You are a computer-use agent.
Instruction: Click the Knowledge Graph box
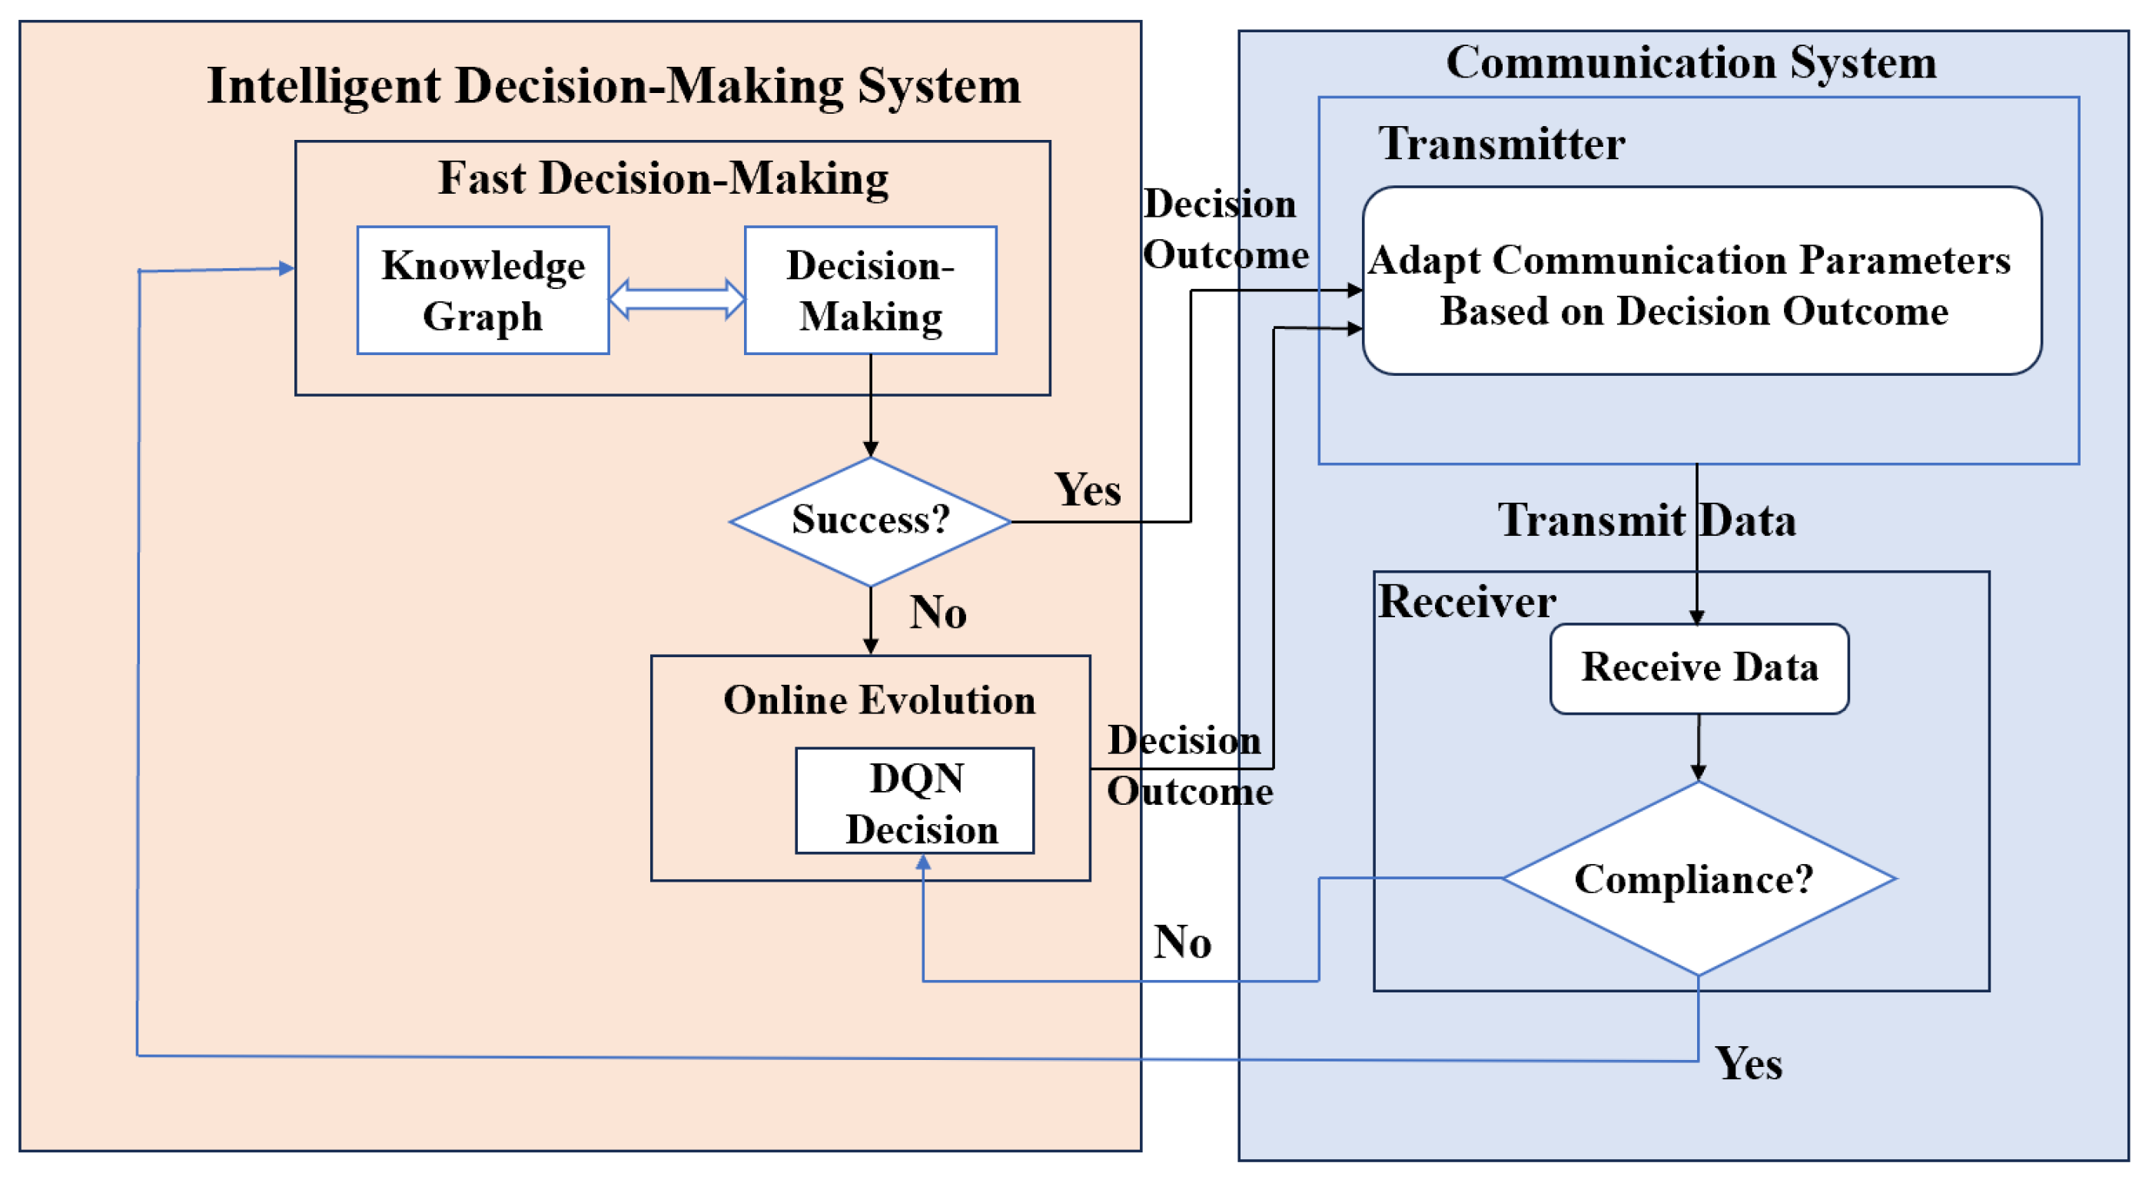pyautogui.click(x=483, y=291)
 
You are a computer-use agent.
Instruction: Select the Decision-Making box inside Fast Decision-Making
pyautogui.click(x=870, y=291)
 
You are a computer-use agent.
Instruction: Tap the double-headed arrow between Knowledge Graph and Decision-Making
pyautogui.click(x=676, y=299)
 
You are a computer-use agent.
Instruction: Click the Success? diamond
pyautogui.click(x=870, y=521)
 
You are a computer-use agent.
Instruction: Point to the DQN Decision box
pyautogui.click(x=915, y=801)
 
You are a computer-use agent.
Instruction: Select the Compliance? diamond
pyautogui.click(x=1698, y=879)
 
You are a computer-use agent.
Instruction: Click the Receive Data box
pyautogui.click(x=1699, y=668)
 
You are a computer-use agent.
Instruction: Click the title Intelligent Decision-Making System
pyautogui.click(x=614, y=86)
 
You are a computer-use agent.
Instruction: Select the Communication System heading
pyautogui.click(x=1691, y=62)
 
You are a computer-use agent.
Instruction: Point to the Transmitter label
pyautogui.click(x=1501, y=144)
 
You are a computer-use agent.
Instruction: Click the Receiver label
pyautogui.click(x=1466, y=602)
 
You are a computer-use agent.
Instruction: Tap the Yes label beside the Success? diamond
pyautogui.click(x=1087, y=490)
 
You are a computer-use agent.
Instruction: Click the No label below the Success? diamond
pyautogui.click(x=938, y=613)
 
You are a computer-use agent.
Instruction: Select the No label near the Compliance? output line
pyautogui.click(x=1182, y=942)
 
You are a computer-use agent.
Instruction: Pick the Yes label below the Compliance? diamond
pyautogui.click(x=1749, y=1064)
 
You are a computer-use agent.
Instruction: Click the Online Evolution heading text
pyautogui.click(x=879, y=700)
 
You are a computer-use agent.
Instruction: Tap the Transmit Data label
pyautogui.click(x=1647, y=520)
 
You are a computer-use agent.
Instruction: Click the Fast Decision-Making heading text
pyautogui.click(x=663, y=178)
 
